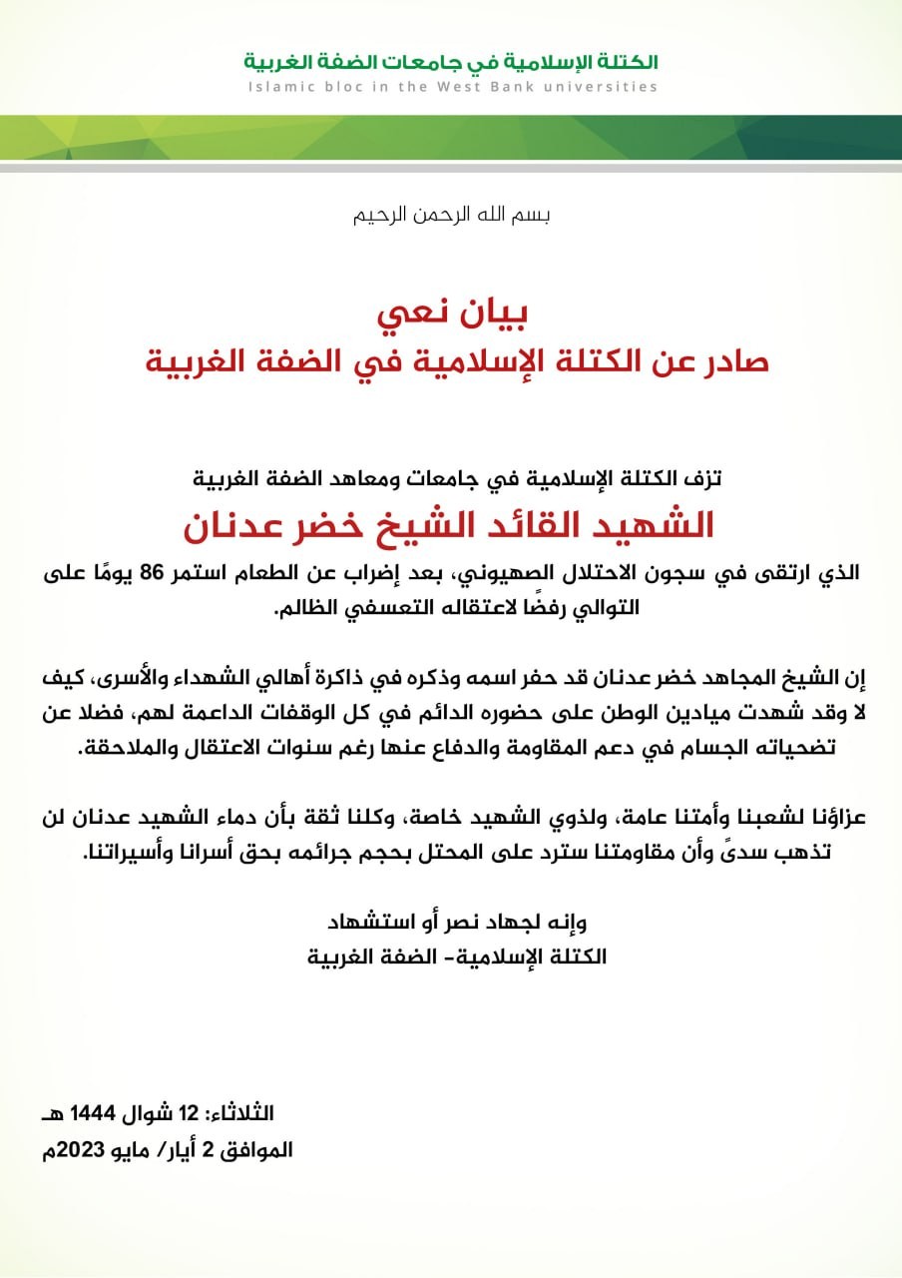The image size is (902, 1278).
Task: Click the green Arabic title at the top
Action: pyautogui.click(x=451, y=62)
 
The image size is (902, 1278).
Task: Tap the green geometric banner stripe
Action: pyautogui.click(x=451, y=137)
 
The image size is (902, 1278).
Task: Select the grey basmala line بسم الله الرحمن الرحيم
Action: pyautogui.click(x=451, y=215)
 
